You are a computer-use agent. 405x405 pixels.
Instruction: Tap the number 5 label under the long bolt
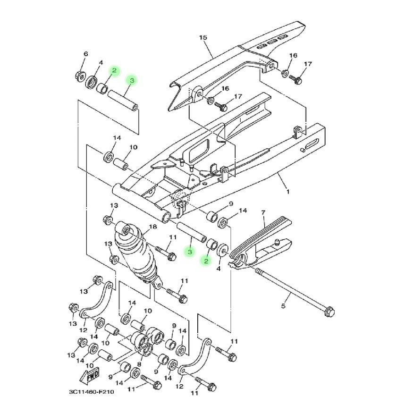point(283,306)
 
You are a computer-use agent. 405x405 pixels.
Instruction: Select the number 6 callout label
point(85,54)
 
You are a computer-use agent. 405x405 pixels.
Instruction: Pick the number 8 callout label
point(139,364)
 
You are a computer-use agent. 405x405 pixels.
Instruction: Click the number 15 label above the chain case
point(203,37)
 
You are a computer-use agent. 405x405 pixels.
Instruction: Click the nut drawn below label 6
point(80,75)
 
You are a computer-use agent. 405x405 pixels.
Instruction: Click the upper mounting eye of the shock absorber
point(126,230)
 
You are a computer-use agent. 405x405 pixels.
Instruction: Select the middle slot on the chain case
point(270,43)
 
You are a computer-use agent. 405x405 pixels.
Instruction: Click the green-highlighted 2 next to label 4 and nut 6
point(114,71)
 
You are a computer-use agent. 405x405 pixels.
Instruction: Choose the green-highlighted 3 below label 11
point(189,252)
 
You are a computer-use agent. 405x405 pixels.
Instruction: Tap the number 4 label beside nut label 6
point(101,62)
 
